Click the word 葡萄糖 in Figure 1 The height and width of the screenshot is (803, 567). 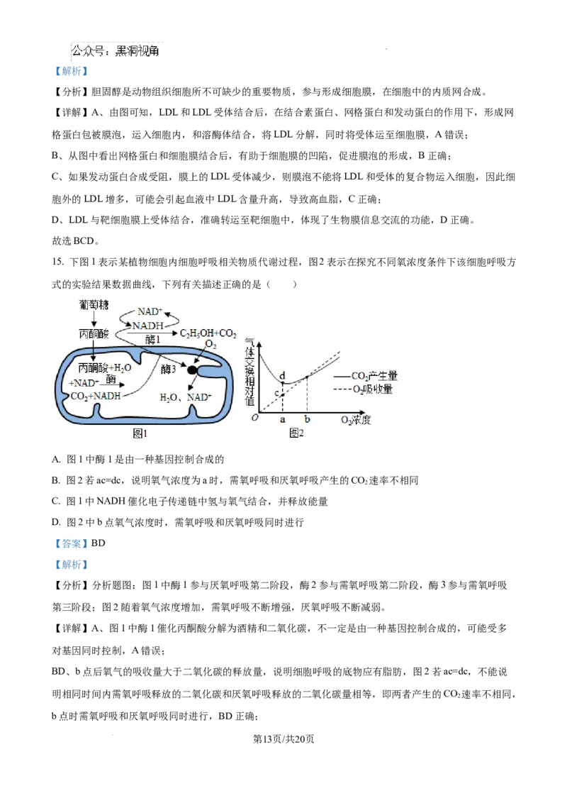[x=94, y=304]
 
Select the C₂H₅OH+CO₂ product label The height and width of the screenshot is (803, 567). [x=208, y=333]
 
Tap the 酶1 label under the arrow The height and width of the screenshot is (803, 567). [x=154, y=340]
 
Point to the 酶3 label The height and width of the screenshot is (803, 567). [x=168, y=369]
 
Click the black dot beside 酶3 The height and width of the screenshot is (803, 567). [x=191, y=370]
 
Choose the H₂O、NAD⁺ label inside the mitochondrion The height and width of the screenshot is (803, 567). [x=186, y=397]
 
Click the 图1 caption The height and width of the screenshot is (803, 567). [x=140, y=433]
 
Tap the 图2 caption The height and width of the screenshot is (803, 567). [x=296, y=433]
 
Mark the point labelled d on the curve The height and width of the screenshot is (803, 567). [x=283, y=383]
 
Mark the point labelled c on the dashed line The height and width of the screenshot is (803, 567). [x=283, y=394]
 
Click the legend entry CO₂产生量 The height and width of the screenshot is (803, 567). [x=374, y=376]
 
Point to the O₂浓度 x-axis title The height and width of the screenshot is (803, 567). [x=356, y=420]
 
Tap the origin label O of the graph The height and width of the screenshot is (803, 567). [x=254, y=418]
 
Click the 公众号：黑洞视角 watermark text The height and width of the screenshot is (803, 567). [x=117, y=51]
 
